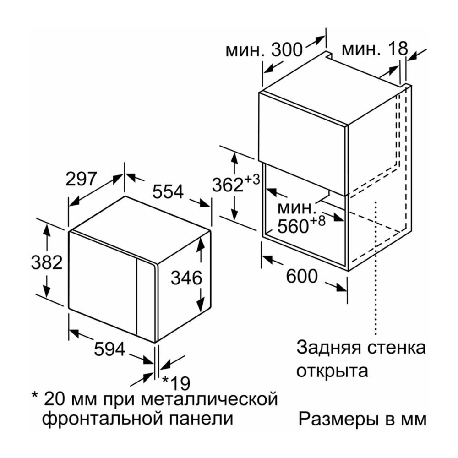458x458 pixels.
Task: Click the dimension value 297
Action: pos(81,179)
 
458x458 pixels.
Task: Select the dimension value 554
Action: pos(168,191)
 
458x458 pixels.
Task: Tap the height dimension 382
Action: pos(47,262)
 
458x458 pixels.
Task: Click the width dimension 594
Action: pos(109,349)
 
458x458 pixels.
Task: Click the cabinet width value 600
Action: pos(302,276)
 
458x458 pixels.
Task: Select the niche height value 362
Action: pos(228,185)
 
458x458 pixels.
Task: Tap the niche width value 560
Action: pos(293,226)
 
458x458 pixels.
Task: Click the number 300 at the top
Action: pos(287,49)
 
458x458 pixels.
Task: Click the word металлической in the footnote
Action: pos(209,399)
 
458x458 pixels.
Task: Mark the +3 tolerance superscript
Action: pos(251,180)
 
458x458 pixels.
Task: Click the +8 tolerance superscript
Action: pos(317,221)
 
